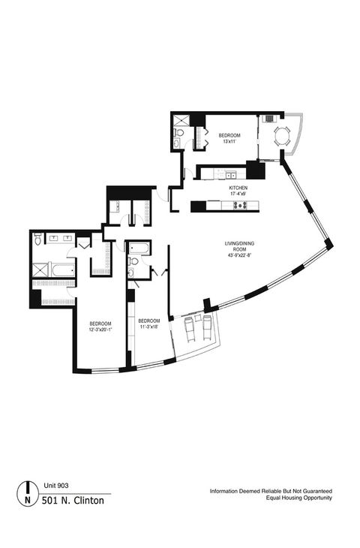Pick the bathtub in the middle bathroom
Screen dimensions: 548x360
[139, 248]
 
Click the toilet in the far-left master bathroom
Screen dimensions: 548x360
[37, 239]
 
